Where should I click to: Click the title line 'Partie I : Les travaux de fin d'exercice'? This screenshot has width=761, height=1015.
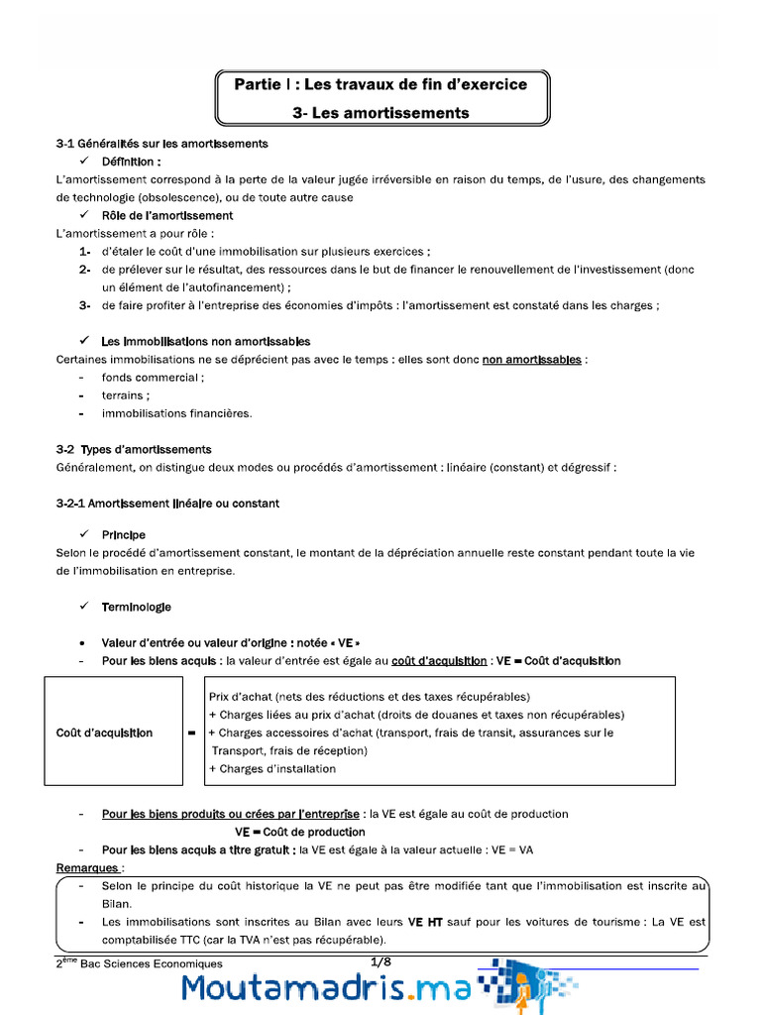coord(380,84)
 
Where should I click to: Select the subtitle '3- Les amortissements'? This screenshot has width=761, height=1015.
coord(380,113)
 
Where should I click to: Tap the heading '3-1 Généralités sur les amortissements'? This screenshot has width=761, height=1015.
coord(162,144)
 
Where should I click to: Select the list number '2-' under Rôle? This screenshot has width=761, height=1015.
coord(85,270)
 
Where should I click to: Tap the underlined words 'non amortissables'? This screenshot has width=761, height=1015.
coord(531,359)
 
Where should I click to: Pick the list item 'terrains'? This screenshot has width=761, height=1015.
coord(124,395)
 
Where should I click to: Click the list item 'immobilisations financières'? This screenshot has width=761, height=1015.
coord(176,413)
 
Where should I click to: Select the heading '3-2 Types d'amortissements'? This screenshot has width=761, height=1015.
coord(134,450)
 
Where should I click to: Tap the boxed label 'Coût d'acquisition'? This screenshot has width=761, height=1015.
coord(104,733)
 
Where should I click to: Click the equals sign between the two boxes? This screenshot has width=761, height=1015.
coord(190,733)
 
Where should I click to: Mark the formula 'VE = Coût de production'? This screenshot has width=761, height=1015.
coord(300,832)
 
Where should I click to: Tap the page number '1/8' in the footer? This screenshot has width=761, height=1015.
coord(381,961)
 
